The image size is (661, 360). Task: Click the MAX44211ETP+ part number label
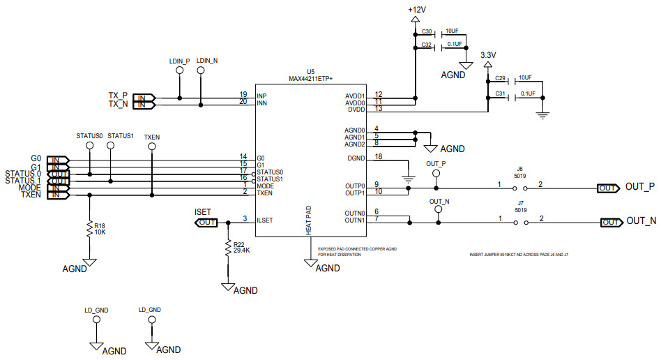click(310, 79)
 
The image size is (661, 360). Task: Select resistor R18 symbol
click(89, 229)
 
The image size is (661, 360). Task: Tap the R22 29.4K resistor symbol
click(227, 247)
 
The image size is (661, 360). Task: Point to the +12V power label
click(417, 10)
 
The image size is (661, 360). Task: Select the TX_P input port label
click(118, 96)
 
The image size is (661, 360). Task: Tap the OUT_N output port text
click(641, 221)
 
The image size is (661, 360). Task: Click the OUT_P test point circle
click(436, 174)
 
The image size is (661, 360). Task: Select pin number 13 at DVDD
click(378, 108)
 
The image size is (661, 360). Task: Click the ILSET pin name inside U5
click(264, 220)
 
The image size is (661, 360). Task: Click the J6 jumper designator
click(519, 169)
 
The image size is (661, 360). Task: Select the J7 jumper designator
click(519, 203)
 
